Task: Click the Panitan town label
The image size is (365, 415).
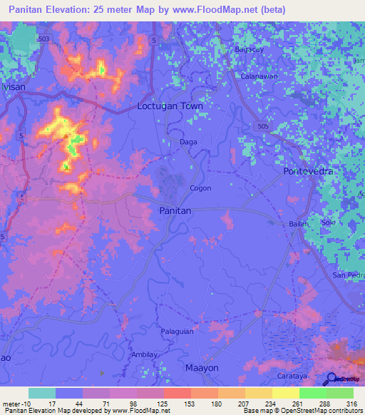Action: point(174,212)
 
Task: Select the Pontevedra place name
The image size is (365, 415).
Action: point(309,172)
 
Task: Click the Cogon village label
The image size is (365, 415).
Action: point(200,188)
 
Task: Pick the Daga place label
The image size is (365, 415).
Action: point(188,142)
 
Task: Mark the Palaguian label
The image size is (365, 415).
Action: point(176,332)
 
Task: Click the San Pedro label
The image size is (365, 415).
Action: point(349,275)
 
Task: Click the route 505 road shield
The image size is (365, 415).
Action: point(264,125)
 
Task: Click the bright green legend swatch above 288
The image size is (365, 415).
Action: point(312,392)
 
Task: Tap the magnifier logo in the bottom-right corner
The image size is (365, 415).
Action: point(331,379)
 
